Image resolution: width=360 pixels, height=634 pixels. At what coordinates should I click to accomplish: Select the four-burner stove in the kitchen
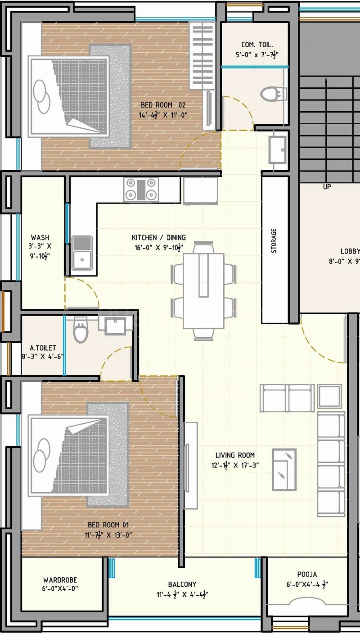click(141, 189)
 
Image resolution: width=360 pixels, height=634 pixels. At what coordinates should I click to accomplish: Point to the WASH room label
click(40, 237)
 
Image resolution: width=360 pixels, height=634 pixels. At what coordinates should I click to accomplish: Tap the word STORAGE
click(274, 240)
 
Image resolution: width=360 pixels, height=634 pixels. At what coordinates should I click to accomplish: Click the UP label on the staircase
click(327, 186)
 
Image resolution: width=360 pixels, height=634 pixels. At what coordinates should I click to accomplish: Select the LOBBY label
click(350, 251)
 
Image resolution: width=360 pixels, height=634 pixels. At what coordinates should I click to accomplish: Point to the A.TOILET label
click(43, 348)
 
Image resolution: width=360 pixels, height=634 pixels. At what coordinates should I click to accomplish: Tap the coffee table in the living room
click(284, 470)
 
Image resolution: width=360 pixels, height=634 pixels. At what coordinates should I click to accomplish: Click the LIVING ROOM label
click(234, 455)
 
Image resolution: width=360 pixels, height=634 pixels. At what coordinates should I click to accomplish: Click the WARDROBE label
click(60, 580)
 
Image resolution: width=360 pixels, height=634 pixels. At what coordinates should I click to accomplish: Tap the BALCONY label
click(182, 584)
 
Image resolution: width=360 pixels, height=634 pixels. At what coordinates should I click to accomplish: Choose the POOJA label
click(307, 574)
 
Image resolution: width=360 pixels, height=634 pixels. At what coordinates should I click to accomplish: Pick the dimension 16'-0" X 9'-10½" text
click(158, 247)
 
